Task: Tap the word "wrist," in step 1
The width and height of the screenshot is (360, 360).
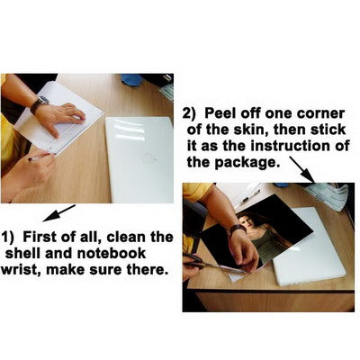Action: click(x=21, y=269)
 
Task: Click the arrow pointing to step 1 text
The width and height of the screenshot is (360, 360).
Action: click(x=59, y=213)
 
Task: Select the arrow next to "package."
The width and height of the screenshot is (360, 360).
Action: click(x=301, y=169)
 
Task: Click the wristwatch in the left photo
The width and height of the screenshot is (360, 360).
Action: click(x=40, y=103)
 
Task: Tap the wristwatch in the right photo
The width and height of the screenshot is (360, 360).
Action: click(x=238, y=229)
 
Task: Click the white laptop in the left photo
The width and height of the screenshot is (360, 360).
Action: click(x=140, y=160)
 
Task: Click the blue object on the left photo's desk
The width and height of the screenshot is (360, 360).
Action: click(x=132, y=79)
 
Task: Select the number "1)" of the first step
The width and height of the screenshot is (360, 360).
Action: click(x=8, y=238)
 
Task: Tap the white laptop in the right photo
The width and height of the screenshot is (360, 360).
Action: click(x=312, y=246)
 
